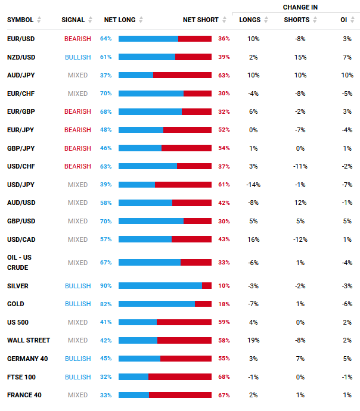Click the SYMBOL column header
point(20,20)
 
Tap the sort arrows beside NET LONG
point(141,20)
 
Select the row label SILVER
point(18,286)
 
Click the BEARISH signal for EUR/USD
point(77,39)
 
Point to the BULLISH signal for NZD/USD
point(77,57)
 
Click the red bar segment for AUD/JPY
point(182,75)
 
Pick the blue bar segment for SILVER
point(160,286)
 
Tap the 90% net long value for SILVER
point(106,286)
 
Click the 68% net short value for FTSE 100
point(224,377)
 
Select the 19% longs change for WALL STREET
point(253,341)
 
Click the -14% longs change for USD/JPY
point(253,185)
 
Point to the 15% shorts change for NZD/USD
point(300,57)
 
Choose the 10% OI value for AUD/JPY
point(347,75)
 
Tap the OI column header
point(344,20)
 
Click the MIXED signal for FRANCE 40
point(77,395)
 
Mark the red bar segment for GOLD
point(203,304)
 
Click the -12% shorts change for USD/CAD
point(300,239)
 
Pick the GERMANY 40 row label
point(27,359)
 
